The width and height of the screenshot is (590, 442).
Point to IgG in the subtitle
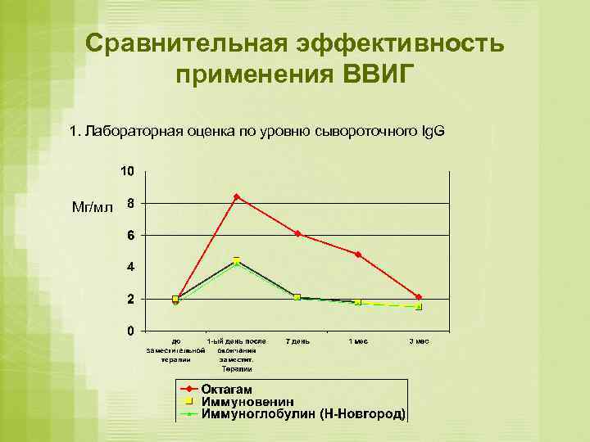[433, 131]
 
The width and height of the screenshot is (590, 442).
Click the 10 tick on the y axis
[128, 171]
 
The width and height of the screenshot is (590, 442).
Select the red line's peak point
[236, 196]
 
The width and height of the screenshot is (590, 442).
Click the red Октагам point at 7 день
[297, 233]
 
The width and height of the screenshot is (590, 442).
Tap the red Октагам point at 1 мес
[358, 255]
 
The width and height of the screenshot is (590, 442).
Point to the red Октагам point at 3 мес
[419, 297]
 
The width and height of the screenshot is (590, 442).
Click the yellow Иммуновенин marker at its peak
[236, 260]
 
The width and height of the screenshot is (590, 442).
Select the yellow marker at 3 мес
[419, 306]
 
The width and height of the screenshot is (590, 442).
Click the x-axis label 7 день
[297, 341]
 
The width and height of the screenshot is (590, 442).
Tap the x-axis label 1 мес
[358, 341]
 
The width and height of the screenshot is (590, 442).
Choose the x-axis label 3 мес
[419, 341]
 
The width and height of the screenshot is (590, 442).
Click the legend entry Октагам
[227, 389]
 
